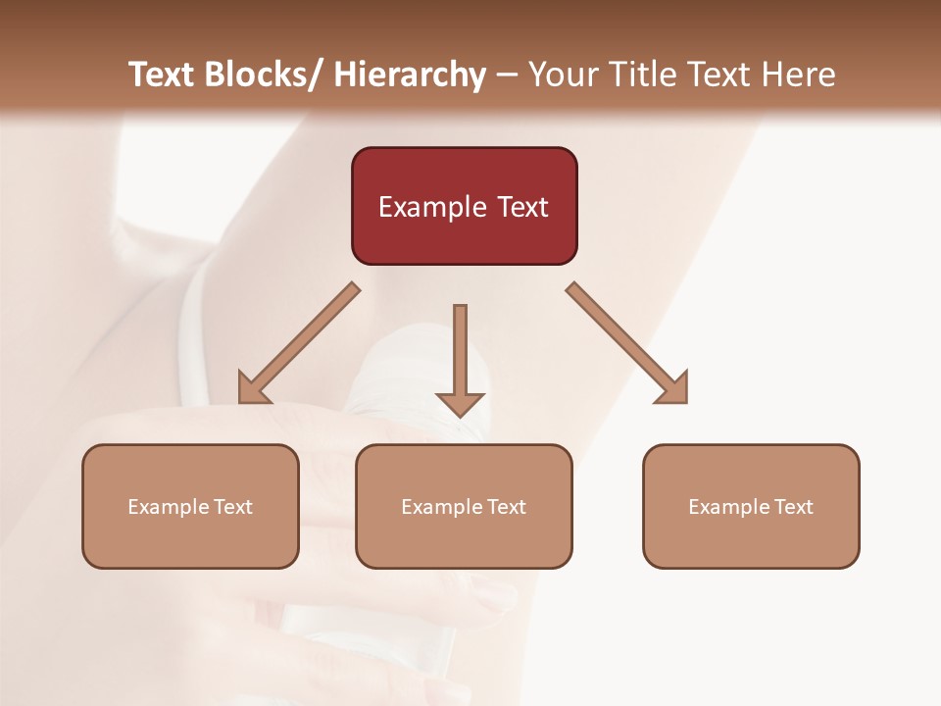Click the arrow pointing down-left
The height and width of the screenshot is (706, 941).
(x=299, y=343)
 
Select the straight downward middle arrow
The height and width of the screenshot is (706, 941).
(x=460, y=358)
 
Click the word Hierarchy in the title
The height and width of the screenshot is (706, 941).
(x=410, y=75)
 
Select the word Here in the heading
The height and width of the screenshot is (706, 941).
(x=798, y=75)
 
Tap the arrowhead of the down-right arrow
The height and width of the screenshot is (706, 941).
(x=673, y=389)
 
